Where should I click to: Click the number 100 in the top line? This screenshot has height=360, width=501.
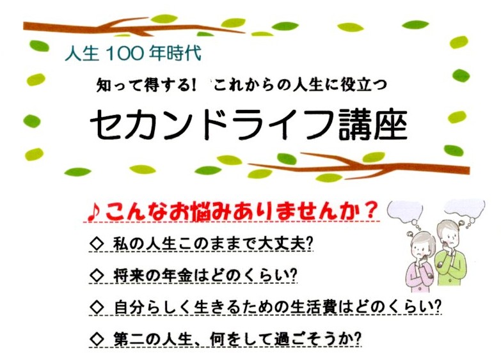[x=123, y=53]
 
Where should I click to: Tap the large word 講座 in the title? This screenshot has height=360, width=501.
[x=373, y=124]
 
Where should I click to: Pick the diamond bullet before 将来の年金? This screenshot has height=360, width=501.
[x=97, y=276]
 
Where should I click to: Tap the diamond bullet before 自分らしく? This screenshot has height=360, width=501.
[x=97, y=307]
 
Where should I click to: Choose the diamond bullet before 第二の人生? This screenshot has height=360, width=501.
[x=97, y=339]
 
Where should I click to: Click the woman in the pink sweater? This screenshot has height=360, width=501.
[x=419, y=262]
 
